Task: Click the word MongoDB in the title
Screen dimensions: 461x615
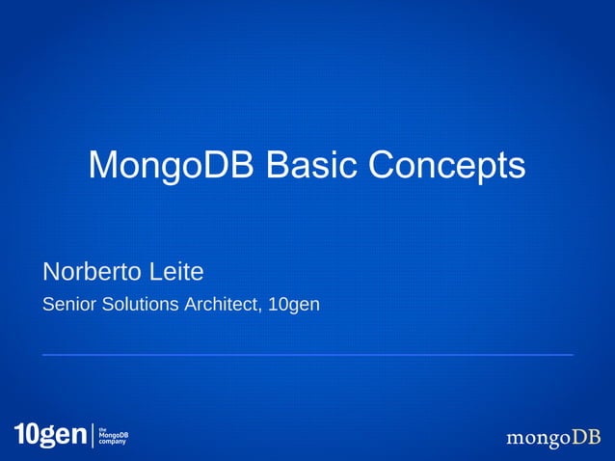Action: pos(172,165)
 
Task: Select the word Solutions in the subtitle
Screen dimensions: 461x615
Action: pos(131,305)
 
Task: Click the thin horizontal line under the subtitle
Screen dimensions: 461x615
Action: pos(307,355)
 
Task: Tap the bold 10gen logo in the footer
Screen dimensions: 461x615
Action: pos(50,436)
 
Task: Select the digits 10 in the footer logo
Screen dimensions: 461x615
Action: pos(25,436)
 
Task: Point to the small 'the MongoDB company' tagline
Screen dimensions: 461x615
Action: pos(114,436)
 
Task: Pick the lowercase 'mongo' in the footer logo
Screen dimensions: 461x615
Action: pos(539,440)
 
